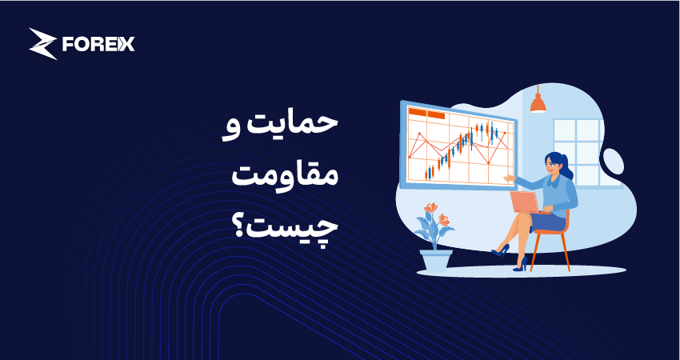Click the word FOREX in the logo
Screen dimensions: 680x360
point(98,44)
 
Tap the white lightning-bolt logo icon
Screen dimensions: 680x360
point(42,43)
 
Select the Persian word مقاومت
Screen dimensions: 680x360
point(284,175)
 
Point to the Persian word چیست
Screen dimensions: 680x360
point(295,227)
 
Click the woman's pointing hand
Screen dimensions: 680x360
point(508,178)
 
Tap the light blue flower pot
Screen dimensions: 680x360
point(436,260)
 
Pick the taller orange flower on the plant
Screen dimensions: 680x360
point(430,208)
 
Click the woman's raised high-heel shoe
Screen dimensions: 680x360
point(501,250)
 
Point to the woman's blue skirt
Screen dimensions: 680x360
point(547,222)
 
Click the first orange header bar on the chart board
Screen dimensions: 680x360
point(418,112)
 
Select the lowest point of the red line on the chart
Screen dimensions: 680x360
point(488,163)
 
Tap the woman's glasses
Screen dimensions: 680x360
point(549,164)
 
